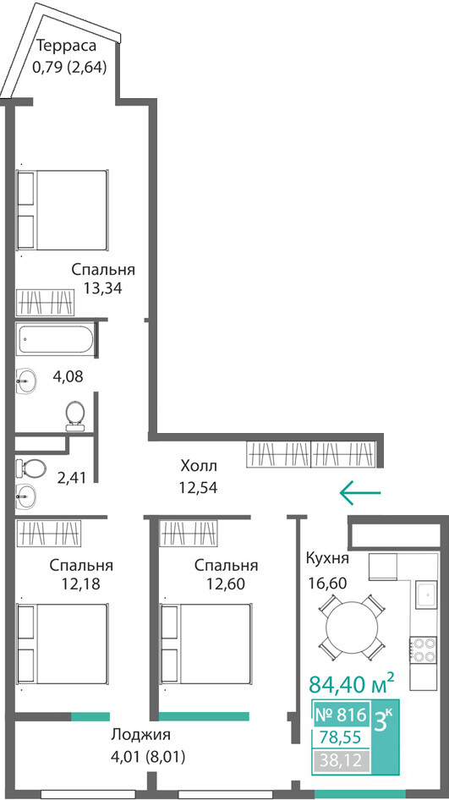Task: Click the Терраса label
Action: coord(67,46)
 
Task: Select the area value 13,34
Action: coord(103,288)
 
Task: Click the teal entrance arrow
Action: coord(360,492)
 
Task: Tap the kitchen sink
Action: coord(425,595)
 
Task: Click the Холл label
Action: coord(199,466)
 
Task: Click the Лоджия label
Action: coord(140,735)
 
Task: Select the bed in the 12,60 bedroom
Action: coord(206,644)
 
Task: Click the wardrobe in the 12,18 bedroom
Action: coord(49,533)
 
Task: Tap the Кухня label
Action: coord(327,559)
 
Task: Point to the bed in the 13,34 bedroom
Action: coord(63,211)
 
